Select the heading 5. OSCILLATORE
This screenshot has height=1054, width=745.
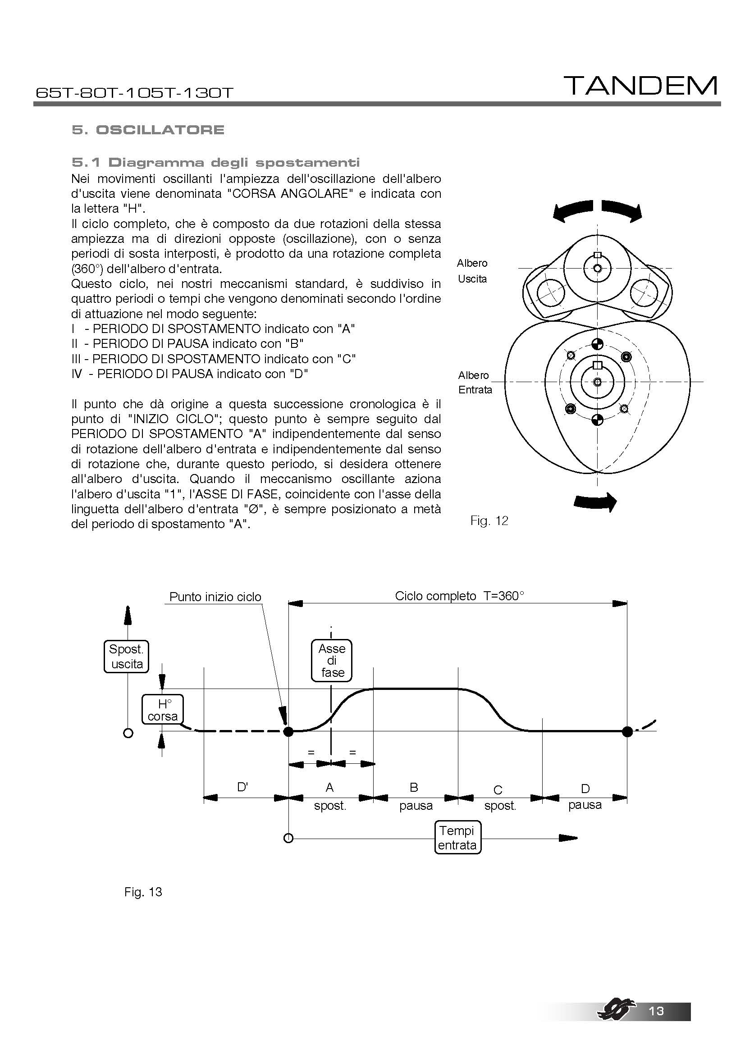coord(148,130)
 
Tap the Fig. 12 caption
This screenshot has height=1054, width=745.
coord(489,520)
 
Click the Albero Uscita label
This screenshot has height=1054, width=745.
coord(472,271)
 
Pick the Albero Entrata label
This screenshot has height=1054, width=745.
coord(475,383)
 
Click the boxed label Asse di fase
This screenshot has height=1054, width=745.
coord(332,661)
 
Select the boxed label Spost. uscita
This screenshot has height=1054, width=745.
coord(127,657)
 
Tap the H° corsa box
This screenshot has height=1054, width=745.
coord(163,710)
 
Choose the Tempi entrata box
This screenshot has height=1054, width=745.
coord(457,838)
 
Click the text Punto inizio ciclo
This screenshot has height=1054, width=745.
coord(215,597)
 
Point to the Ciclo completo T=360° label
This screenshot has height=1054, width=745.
coord(459,596)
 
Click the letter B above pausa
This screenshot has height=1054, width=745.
coord(414,787)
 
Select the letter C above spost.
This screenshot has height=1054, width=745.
coord(498,789)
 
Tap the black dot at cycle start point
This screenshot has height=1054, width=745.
coord(288,732)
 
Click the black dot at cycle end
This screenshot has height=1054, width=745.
coord(627,732)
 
